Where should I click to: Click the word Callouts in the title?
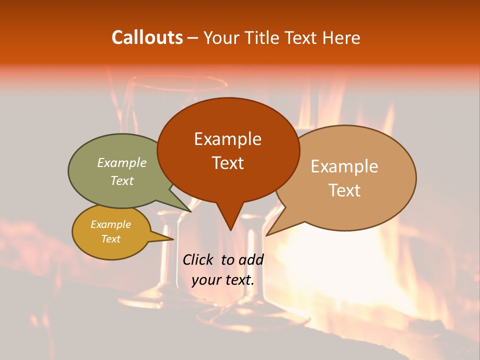147,37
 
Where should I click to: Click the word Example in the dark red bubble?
227,139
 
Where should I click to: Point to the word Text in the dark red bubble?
227,162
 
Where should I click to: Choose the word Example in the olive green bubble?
122,162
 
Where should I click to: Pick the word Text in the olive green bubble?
122,180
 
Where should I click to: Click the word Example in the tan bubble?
344,166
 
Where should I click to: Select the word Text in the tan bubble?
344,190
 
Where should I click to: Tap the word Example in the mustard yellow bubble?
110,224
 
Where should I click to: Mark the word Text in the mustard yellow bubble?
110,239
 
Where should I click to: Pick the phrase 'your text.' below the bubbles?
223,280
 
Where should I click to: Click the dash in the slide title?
193,37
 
